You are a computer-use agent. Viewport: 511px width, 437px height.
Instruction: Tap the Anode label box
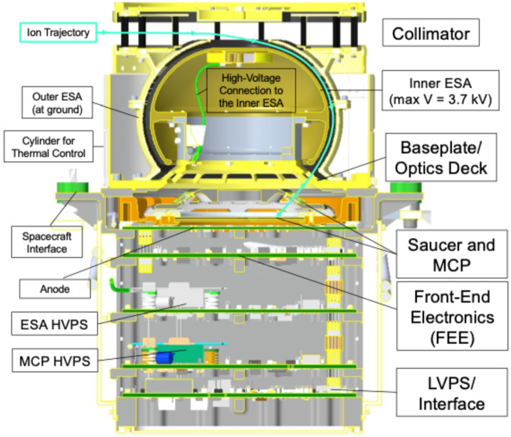coord(54,288)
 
